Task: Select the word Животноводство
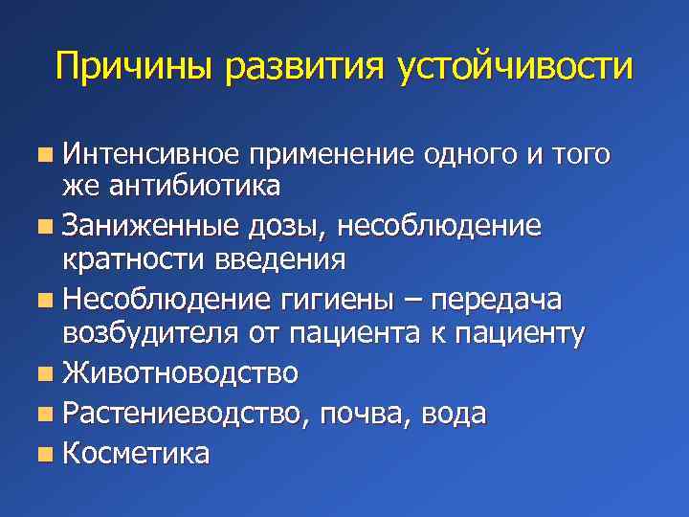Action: (180, 372)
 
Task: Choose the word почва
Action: (359, 414)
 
